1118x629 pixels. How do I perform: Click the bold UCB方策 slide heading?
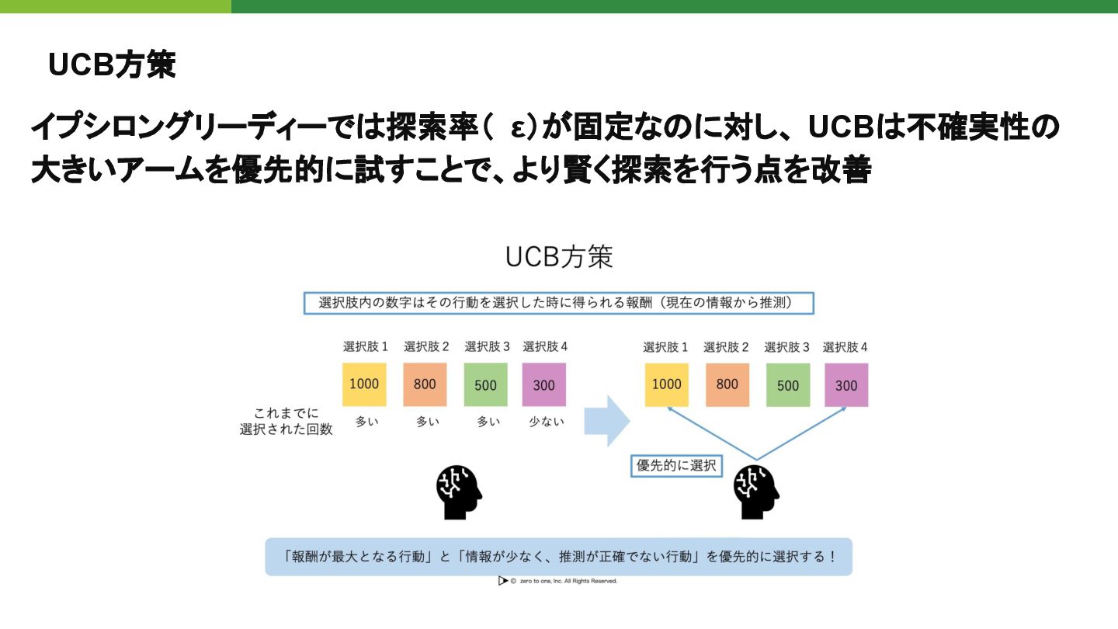pos(112,65)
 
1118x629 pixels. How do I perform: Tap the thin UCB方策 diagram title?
pos(559,257)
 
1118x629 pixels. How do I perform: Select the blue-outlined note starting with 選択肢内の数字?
pos(558,303)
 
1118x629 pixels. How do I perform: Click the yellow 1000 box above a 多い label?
pos(364,384)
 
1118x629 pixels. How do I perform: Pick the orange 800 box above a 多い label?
pos(425,384)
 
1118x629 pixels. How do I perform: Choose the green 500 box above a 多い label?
pos(485,384)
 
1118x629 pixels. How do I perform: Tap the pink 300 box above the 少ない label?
pos(544,384)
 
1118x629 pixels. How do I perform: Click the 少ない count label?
pos(544,422)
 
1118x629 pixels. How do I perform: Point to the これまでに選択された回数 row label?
pos(286,421)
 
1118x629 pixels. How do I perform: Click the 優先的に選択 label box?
pos(675,466)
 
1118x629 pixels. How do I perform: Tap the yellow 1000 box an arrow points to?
pos(666,384)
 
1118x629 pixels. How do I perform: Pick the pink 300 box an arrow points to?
pos(846,384)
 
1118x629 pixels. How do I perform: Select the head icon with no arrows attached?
pos(459,492)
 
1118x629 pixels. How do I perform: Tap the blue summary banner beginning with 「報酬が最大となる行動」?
pos(558,557)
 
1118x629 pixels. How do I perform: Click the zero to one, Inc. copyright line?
pos(558,581)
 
